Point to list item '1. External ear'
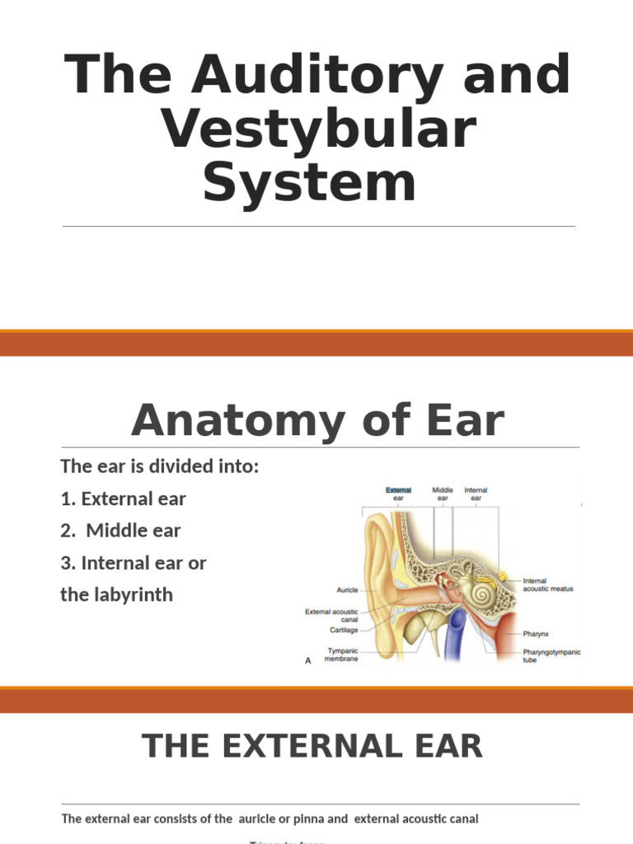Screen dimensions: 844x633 click(124, 499)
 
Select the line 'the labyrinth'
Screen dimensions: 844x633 click(117, 594)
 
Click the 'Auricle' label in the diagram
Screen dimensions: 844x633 click(347, 590)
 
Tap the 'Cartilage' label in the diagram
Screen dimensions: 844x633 click(344, 630)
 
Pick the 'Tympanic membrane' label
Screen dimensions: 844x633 click(343, 654)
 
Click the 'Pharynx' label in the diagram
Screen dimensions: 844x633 click(536, 635)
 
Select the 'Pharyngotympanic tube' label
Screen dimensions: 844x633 click(551, 656)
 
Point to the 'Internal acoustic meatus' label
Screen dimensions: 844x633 click(547, 584)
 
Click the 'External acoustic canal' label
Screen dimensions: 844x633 click(332, 615)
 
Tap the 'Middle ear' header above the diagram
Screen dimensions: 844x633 click(443, 494)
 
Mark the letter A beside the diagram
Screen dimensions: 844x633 click(308, 660)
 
